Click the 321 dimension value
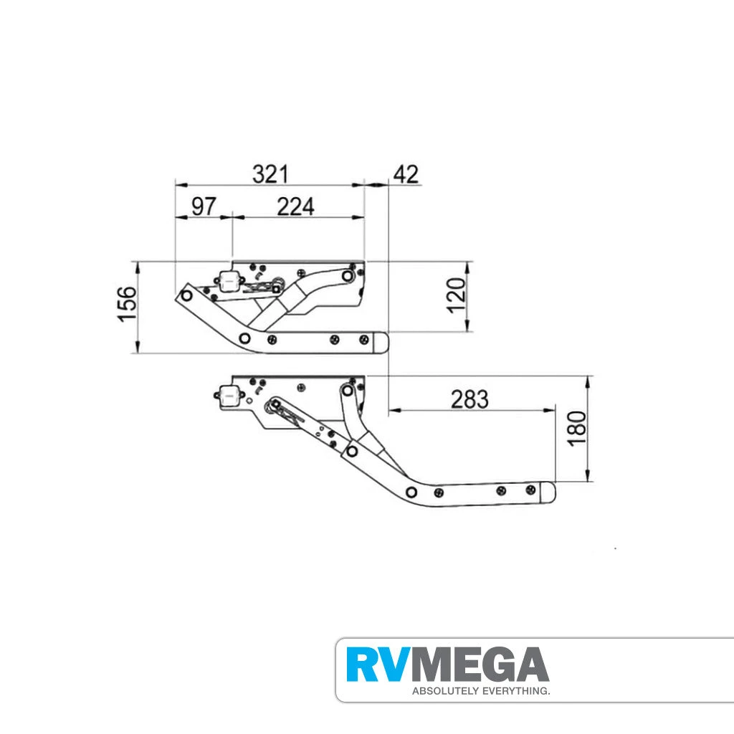(x=270, y=174)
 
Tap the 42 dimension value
(x=404, y=174)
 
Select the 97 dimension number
(x=204, y=206)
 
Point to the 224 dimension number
(x=295, y=206)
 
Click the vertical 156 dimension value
(x=127, y=304)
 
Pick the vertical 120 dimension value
(x=456, y=295)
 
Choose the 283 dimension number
(x=470, y=399)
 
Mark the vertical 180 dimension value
(x=577, y=428)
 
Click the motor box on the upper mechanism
(x=229, y=282)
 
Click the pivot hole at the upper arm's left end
(x=187, y=294)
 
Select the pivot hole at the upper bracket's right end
(x=348, y=275)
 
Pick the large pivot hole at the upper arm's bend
(x=245, y=338)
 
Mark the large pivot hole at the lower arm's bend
(x=411, y=492)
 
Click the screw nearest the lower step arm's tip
(x=530, y=490)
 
